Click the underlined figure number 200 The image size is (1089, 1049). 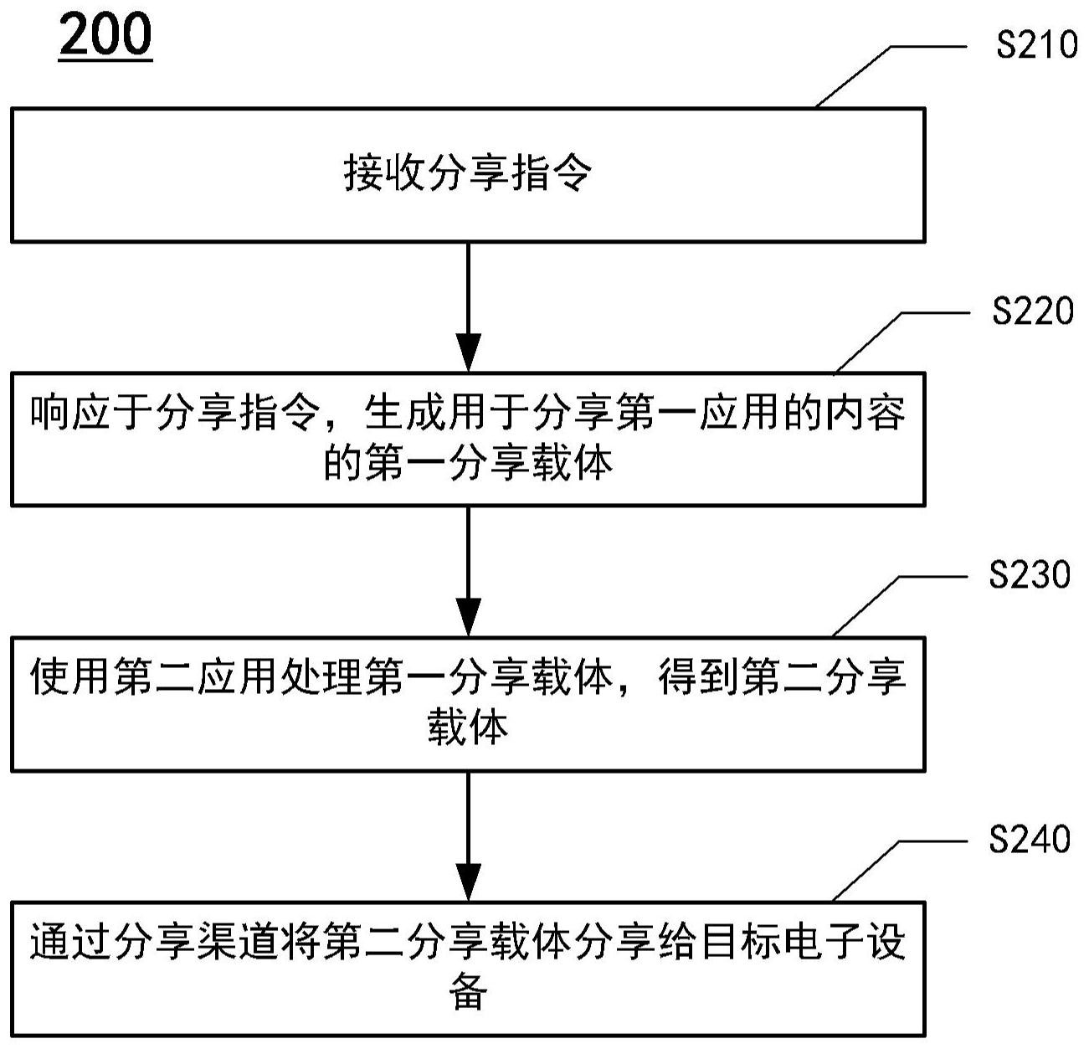click(x=105, y=35)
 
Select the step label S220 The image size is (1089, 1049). click(x=1033, y=311)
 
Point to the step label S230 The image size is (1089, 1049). click(x=1030, y=576)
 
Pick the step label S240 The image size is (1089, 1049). click(x=1030, y=840)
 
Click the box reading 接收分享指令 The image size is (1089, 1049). click(x=468, y=175)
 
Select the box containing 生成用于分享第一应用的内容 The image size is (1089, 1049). click(x=468, y=440)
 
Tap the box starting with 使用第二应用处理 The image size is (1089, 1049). click(x=468, y=704)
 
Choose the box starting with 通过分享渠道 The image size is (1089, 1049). click(x=468, y=969)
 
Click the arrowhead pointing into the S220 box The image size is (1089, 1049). click(x=468, y=352)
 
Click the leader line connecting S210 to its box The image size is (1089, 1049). click(x=862, y=75)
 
